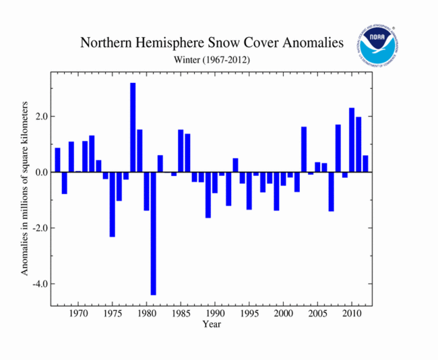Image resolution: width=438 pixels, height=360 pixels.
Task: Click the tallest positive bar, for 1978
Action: (133, 127)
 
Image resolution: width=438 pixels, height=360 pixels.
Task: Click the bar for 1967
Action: (58, 160)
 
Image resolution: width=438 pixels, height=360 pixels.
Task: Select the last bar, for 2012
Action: (365, 164)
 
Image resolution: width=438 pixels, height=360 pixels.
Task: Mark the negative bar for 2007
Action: (332, 191)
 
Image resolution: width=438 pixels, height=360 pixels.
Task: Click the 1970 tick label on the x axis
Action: (78, 314)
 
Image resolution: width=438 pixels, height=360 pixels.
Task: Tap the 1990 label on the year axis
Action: (215, 314)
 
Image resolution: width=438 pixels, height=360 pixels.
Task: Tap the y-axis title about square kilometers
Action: (25, 189)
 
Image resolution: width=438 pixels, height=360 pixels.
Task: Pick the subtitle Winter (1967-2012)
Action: (212, 60)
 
